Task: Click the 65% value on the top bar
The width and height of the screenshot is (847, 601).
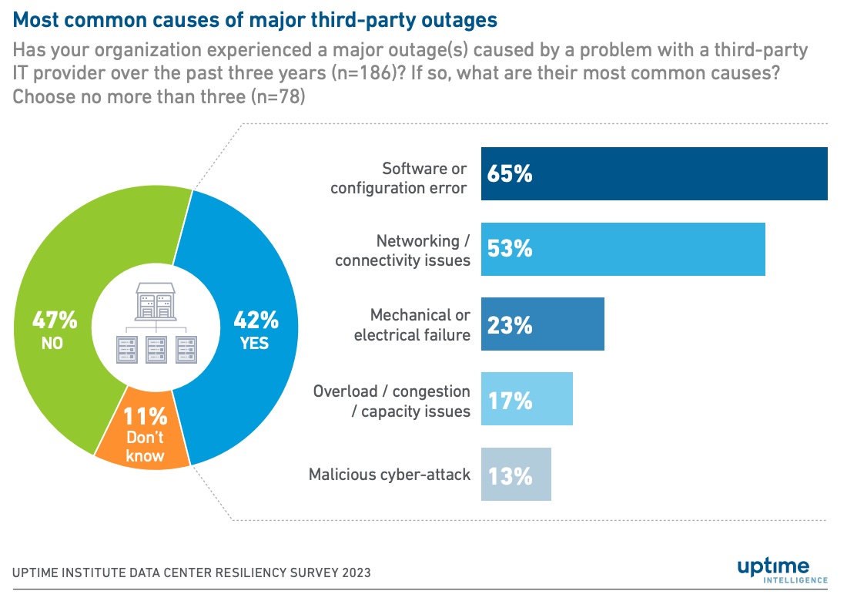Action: [x=510, y=174]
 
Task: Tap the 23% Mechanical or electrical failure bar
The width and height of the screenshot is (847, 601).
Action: [x=543, y=324]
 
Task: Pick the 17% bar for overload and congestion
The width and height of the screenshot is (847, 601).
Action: [x=527, y=399]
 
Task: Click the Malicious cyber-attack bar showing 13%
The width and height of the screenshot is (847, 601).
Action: [x=516, y=475]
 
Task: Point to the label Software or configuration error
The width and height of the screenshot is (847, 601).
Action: [x=398, y=177]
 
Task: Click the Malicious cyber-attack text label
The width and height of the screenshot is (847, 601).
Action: [x=389, y=475]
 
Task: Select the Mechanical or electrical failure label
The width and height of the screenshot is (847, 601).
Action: [x=412, y=324]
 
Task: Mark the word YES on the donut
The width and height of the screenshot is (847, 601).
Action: [x=254, y=344]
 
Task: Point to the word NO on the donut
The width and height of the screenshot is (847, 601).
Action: [x=52, y=344]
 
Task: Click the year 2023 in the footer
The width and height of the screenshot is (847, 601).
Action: [x=353, y=572]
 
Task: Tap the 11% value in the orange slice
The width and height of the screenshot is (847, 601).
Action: [x=146, y=417]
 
